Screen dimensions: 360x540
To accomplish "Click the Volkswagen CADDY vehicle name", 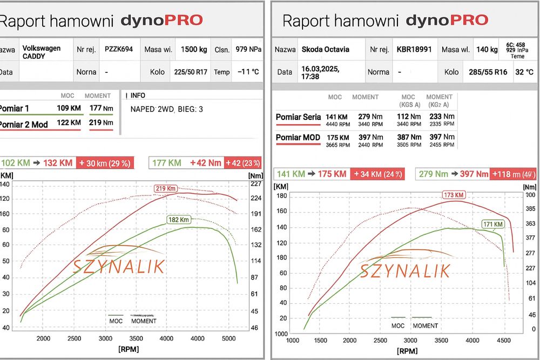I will pyautogui.click(x=42, y=52).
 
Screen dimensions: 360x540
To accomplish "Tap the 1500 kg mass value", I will pyautogui.click(x=194, y=49).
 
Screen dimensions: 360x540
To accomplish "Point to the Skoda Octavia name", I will pyautogui.click(x=325, y=49).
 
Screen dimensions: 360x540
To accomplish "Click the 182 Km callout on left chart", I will pyautogui.click(x=179, y=220).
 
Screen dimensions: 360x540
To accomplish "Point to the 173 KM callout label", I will pyautogui.click(x=454, y=195).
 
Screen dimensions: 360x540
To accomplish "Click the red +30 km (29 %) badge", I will pyautogui.click(x=105, y=163).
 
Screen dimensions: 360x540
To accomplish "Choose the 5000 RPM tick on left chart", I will pyautogui.click(x=229, y=338).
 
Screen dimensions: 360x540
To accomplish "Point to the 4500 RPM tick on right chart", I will pyautogui.click(x=503, y=341).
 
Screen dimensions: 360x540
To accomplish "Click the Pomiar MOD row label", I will pyautogui.click(x=298, y=138).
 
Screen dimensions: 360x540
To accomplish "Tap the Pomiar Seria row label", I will pyautogui.click(x=298, y=117).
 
